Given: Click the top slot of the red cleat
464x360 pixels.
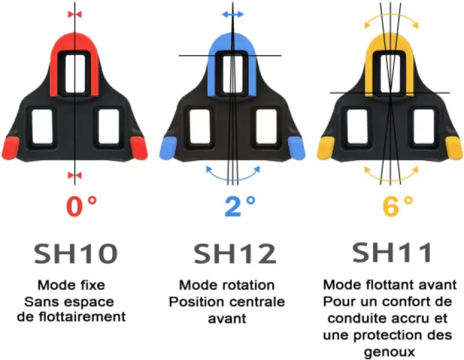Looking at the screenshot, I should point(75,72).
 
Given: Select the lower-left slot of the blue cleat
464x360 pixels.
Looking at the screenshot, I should point(199,124).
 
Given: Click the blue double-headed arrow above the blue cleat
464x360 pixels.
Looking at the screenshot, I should point(232,14).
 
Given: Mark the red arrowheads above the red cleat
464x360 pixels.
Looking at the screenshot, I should point(75,14).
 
